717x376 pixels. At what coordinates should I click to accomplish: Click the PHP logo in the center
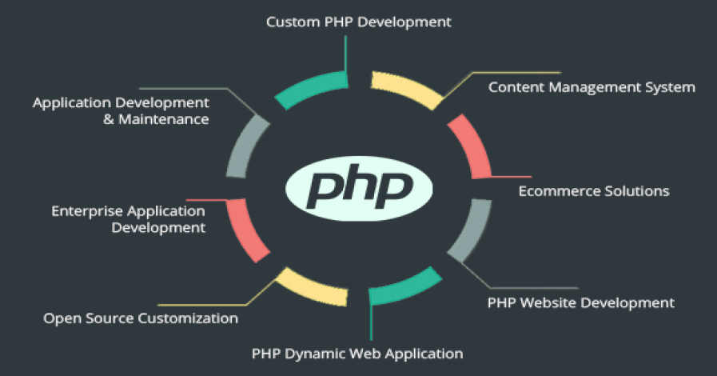click(x=359, y=189)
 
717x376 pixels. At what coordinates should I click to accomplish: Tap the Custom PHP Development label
click(x=359, y=22)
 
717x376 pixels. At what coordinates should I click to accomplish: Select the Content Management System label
click(x=592, y=87)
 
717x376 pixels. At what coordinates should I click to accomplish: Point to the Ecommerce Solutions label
click(x=594, y=190)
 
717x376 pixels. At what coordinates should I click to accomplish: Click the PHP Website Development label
click(x=581, y=303)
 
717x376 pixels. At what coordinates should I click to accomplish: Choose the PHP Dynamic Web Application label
click(x=357, y=354)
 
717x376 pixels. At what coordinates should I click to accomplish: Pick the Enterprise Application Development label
click(x=129, y=219)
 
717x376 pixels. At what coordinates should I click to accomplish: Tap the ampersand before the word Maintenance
click(x=109, y=120)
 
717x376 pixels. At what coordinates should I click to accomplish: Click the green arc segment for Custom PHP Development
click(x=313, y=87)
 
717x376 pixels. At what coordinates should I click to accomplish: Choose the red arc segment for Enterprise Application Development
click(x=245, y=231)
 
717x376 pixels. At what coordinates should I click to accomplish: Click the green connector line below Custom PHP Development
click(x=345, y=55)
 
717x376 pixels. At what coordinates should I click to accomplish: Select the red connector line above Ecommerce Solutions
click(x=511, y=177)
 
